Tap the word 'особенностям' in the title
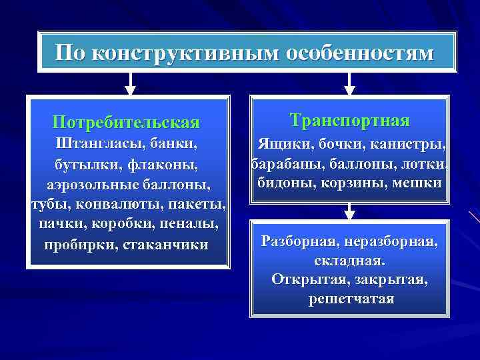tap(360, 53)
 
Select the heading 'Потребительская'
tap(126, 123)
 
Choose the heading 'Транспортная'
tap(350, 121)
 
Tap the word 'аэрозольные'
tap(92, 184)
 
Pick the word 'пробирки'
tap(79, 244)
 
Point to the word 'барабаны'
tap(283, 163)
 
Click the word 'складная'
tap(350, 259)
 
